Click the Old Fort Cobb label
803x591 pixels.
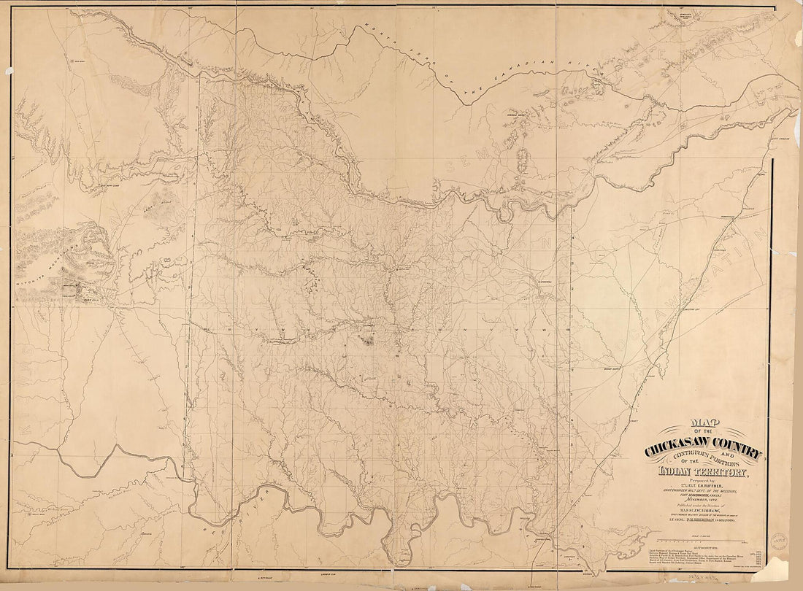pos(111,185)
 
